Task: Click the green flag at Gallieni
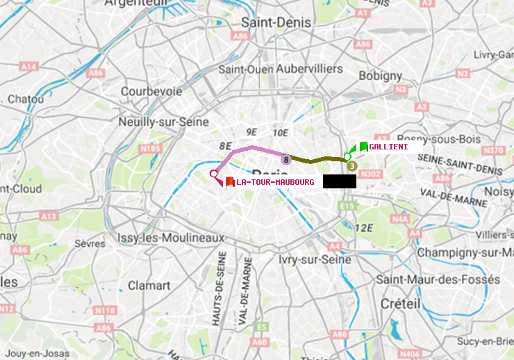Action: [363, 147]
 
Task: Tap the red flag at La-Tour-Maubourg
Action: [230, 181]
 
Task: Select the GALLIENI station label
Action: [388, 147]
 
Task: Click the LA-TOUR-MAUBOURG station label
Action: [275, 182]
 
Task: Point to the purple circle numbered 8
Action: [285, 160]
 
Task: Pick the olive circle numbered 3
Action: [351, 166]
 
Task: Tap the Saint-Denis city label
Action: [276, 22]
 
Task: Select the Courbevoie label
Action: [151, 91]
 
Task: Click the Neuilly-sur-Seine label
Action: [164, 121]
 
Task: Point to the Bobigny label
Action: [379, 75]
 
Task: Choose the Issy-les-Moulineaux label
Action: [171, 238]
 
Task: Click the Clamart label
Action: [149, 286]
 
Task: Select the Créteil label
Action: [401, 304]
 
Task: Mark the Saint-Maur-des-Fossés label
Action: [438, 279]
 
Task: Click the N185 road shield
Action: [150, 149]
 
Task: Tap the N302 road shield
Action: [372, 174]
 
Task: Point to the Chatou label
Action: [26, 99]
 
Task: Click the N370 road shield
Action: [493, 150]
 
